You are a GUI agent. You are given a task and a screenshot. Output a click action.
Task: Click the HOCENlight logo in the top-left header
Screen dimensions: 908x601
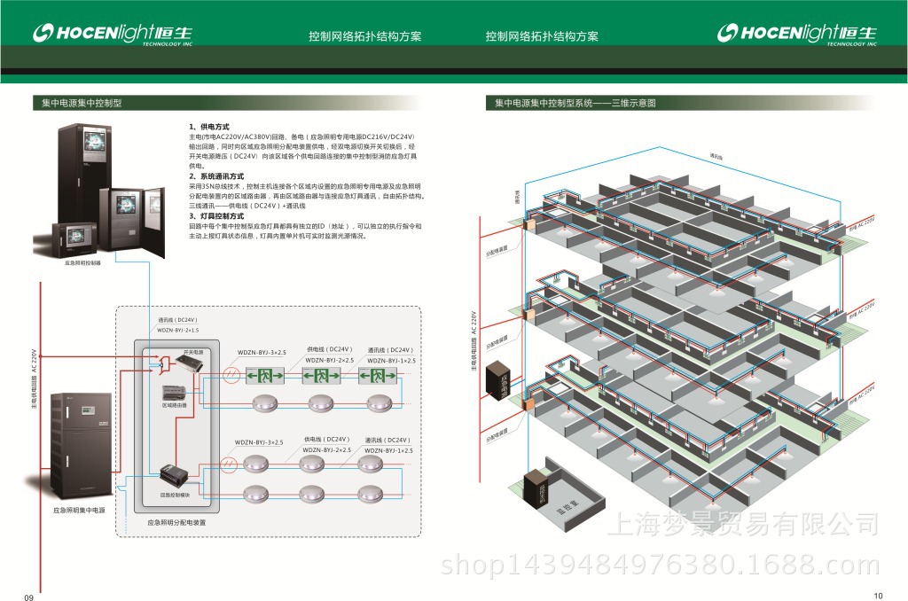[111, 35]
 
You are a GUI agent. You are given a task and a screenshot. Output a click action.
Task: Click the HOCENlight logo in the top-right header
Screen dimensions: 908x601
[796, 35]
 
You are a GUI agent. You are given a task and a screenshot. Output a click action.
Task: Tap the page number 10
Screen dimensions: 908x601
[878, 595]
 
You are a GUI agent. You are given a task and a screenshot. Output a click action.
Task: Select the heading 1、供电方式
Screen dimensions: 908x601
[209, 128]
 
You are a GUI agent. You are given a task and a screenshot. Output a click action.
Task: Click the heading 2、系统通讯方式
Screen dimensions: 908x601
[216, 176]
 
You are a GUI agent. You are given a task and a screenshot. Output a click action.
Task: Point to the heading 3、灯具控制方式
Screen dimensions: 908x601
[216, 216]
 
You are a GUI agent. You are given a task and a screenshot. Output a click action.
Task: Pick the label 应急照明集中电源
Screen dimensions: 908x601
[79, 511]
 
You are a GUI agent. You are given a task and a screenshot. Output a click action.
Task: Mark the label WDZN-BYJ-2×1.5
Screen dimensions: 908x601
[177, 330]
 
